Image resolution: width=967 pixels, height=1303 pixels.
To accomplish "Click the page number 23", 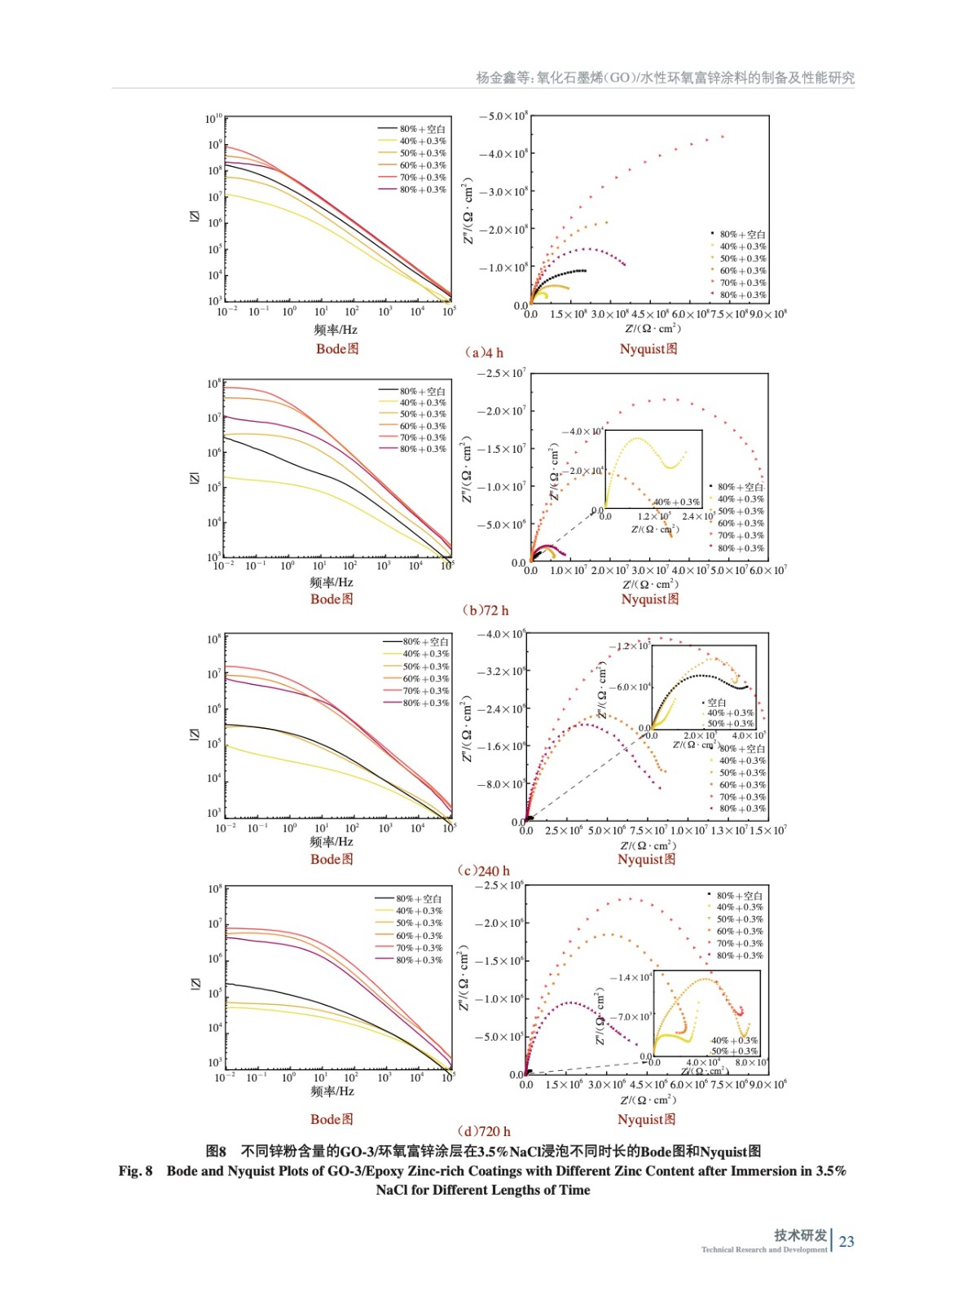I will [846, 1241].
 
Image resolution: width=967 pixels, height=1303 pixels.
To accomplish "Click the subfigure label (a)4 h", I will [484, 353].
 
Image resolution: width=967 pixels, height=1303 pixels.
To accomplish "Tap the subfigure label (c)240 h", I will [484, 871].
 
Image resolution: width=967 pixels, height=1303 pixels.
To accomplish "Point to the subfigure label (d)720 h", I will [484, 1131].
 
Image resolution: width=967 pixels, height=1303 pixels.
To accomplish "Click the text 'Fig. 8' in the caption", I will [135, 1171].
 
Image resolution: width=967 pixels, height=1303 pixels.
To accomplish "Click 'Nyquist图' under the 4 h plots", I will [648, 349].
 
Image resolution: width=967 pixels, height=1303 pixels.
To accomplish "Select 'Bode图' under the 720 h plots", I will [332, 1119].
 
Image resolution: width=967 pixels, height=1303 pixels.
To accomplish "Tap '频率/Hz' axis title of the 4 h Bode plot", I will [336, 330].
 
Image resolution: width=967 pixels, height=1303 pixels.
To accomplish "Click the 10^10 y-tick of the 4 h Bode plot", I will [213, 119].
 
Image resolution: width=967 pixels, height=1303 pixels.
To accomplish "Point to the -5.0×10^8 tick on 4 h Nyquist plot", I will [503, 116].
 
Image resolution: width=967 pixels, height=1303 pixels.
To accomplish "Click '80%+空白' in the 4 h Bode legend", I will [422, 129].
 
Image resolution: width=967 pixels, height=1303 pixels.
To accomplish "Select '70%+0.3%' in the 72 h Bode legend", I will [422, 437].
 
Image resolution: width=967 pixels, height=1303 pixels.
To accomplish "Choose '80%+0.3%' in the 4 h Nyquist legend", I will [742, 295].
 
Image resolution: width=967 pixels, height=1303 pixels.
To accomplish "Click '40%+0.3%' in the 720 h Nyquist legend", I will [740, 907].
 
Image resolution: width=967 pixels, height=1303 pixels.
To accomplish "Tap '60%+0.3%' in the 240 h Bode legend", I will [425, 678].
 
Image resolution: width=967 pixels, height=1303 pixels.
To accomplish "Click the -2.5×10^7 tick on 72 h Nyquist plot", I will [502, 374].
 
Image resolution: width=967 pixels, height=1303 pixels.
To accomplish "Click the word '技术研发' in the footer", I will [800, 1235].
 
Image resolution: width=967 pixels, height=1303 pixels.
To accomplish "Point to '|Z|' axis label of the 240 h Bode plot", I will [194, 734].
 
